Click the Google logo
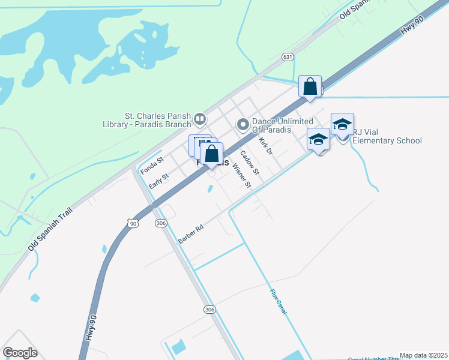(x=20, y=353)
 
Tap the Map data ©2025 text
(x=424, y=355)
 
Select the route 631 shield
(x=288, y=57)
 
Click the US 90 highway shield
(x=133, y=223)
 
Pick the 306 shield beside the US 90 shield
(x=160, y=223)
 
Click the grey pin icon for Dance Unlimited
(x=243, y=125)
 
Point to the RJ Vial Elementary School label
(x=387, y=137)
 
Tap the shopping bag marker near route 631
(x=310, y=87)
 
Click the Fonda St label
(x=152, y=166)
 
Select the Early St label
(x=159, y=181)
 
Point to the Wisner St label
(x=241, y=173)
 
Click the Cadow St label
(x=249, y=162)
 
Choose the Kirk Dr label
(x=265, y=146)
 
